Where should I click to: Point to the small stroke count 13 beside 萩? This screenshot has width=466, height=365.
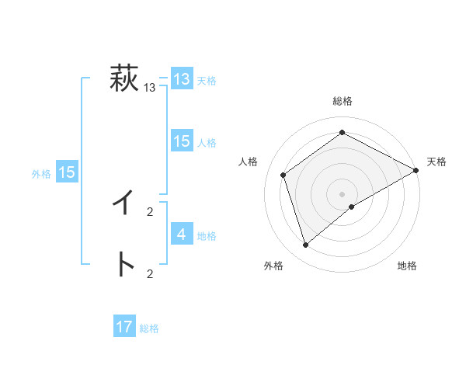[149, 89]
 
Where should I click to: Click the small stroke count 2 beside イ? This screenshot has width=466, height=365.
[150, 211]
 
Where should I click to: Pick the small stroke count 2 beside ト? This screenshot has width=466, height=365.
[150, 273]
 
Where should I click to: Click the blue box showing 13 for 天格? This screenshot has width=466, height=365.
[182, 79]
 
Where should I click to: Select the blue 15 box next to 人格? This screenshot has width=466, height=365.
[182, 141]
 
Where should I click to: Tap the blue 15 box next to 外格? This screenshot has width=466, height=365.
[67, 172]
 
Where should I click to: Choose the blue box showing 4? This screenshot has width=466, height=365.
[182, 234]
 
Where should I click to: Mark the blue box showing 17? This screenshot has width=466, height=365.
[124, 327]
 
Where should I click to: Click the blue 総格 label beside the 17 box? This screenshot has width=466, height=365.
[149, 328]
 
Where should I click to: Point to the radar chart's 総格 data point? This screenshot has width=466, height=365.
[342, 133]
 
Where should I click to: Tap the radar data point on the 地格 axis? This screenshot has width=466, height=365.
[352, 207]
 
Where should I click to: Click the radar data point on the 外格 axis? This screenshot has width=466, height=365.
[305, 245]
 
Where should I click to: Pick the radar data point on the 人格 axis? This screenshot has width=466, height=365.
[283, 175]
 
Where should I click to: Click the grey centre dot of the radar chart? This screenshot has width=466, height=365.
[342, 193]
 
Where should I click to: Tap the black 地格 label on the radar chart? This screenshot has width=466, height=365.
[407, 266]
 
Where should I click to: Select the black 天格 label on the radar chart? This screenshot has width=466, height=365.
[436, 162]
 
